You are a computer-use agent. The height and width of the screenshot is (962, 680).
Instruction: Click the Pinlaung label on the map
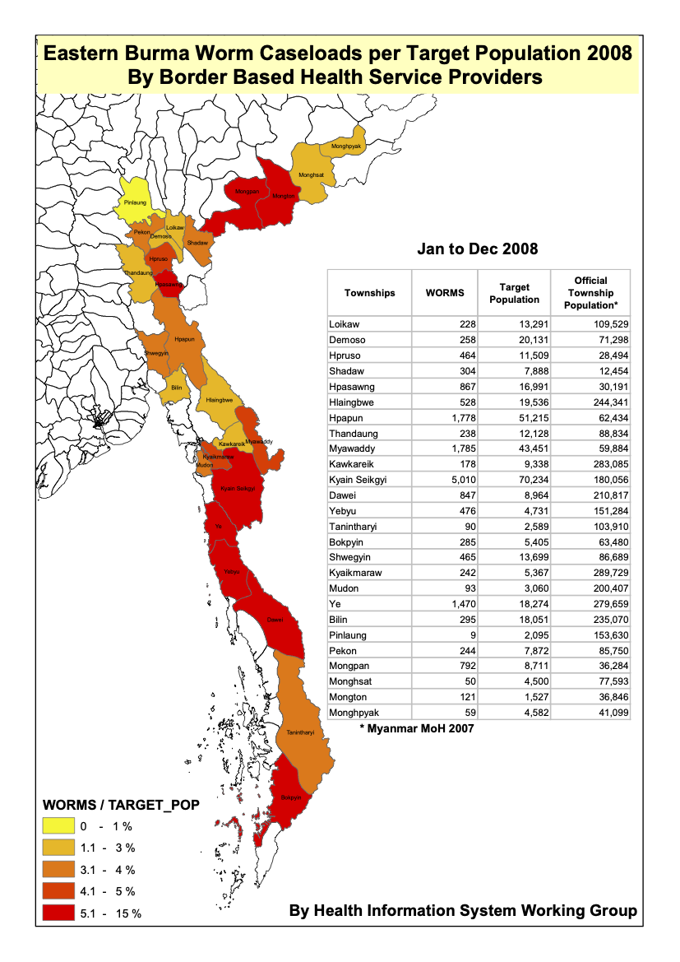[x=134, y=200]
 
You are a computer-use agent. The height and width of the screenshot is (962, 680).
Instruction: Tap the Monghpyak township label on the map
[x=346, y=146]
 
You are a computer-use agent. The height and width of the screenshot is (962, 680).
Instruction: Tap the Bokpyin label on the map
[x=291, y=797]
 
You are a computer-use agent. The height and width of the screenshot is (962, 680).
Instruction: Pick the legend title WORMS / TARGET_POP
[x=120, y=805]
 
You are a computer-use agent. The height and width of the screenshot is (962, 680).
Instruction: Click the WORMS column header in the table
[x=445, y=293]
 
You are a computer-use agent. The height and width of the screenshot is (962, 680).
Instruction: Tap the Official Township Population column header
[x=590, y=293]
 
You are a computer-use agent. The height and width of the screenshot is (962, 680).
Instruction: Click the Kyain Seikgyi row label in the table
[x=358, y=480]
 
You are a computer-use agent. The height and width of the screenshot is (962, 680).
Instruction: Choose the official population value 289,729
[x=605, y=573]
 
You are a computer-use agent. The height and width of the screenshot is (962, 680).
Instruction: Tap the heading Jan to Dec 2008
[x=477, y=249]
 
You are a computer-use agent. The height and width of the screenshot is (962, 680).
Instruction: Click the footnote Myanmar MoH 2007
[x=417, y=728]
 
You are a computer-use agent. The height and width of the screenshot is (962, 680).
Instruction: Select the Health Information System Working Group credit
[x=463, y=911]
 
